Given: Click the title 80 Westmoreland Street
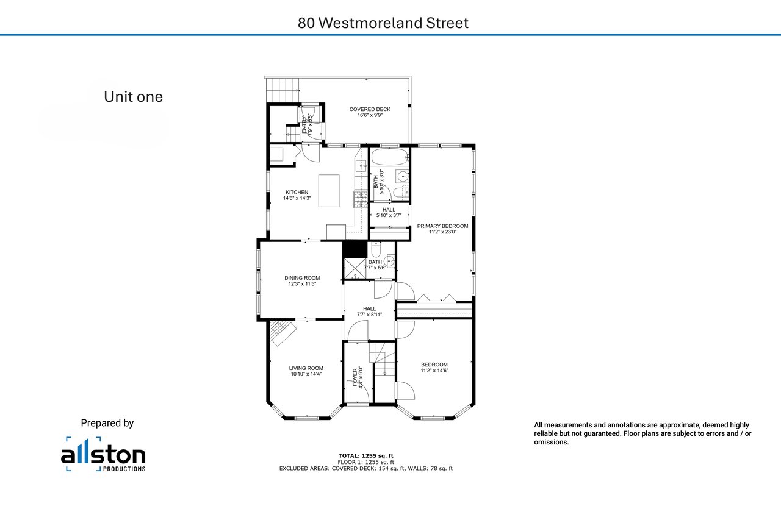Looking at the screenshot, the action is coord(383,23).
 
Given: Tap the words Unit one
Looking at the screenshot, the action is coord(133,97).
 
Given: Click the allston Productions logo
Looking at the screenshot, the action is coord(103,454).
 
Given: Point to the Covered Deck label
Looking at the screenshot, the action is coord(370,112).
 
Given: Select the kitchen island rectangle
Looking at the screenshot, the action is coord(329,191).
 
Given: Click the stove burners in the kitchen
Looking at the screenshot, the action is coord(361,199).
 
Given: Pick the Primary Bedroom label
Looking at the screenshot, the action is coord(442,229).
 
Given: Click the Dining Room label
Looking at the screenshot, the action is coord(302,280).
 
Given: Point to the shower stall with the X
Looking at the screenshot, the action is coord(355,268).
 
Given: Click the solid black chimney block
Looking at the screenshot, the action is coord(355,249).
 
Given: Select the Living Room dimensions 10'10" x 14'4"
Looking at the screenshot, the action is coord(306,374).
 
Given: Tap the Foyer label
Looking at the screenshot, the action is coord(358,377).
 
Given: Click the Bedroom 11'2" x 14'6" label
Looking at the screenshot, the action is coord(434,368).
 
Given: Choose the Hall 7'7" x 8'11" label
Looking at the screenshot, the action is coord(369,312).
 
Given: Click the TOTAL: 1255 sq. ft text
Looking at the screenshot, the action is coord(365,455).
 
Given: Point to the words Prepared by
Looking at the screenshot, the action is coord(107,423).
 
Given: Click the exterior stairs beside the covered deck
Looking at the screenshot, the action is coord(283,90).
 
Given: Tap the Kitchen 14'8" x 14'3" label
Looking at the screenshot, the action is coord(297,195).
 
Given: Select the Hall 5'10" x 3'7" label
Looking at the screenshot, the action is coord(389,213).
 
